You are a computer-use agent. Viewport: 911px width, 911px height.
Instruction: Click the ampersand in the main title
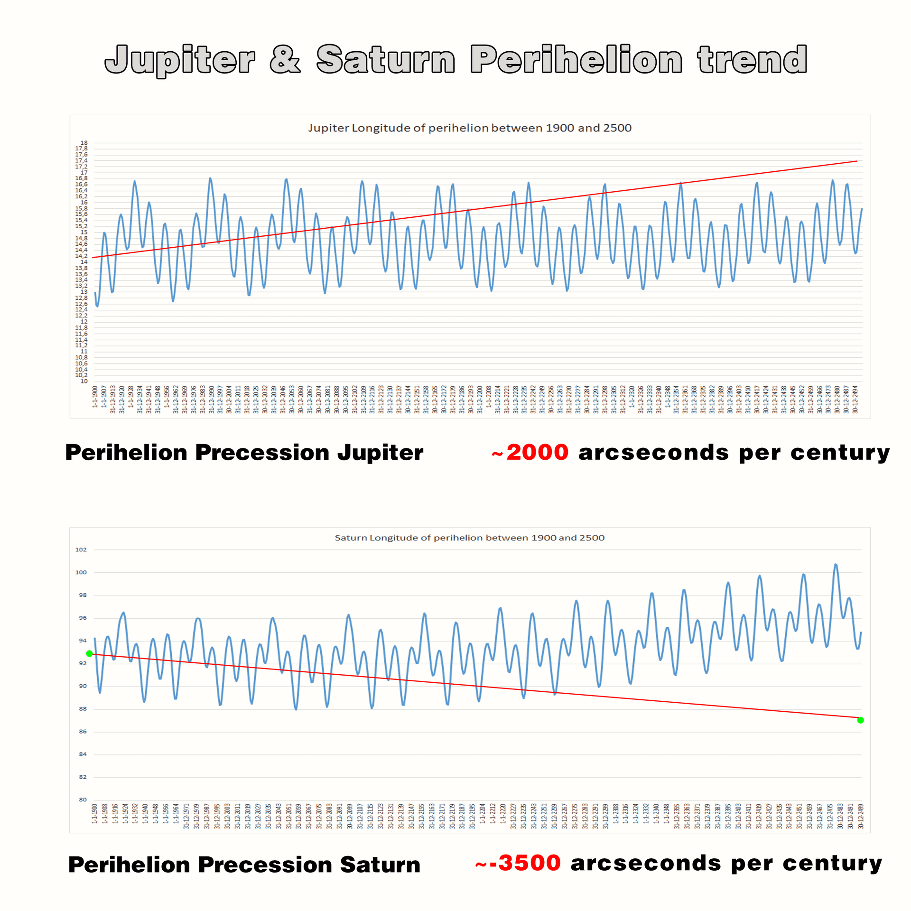click(x=285, y=60)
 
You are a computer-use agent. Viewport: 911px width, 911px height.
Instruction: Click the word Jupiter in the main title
click(x=180, y=60)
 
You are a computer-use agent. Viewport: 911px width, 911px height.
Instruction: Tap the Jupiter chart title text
click(x=469, y=128)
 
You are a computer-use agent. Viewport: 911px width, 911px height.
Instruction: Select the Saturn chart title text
click(x=469, y=538)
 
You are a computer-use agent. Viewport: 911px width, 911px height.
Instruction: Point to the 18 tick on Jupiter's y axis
click(x=84, y=143)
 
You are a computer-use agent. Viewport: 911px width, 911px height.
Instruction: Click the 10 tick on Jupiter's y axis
click(x=84, y=381)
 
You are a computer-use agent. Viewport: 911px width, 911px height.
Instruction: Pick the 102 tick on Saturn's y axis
click(x=81, y=549)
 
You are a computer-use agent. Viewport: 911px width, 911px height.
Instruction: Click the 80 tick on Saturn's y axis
click(x=83, y=799)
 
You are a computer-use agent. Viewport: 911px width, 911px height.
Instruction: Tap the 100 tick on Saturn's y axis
click(x=81, y=572)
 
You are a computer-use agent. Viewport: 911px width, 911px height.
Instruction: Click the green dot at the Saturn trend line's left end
click(x=89, y=654)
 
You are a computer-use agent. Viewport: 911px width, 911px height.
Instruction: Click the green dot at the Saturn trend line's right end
click(x=861, y=720)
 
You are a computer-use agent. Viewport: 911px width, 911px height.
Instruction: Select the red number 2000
click(x=537, y=452)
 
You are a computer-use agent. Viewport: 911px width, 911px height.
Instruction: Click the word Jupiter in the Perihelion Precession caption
click(x=380, y=453)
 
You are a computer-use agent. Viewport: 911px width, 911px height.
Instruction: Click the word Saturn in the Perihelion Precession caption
click(x=380, y=865)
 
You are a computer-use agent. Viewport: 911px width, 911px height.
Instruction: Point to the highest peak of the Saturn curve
click(x=836, y=565)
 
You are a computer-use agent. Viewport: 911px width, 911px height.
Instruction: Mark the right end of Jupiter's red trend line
click(x=857, y=161)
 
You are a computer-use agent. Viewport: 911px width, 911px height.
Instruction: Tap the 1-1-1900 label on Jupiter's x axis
click(x=95, y=397)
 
